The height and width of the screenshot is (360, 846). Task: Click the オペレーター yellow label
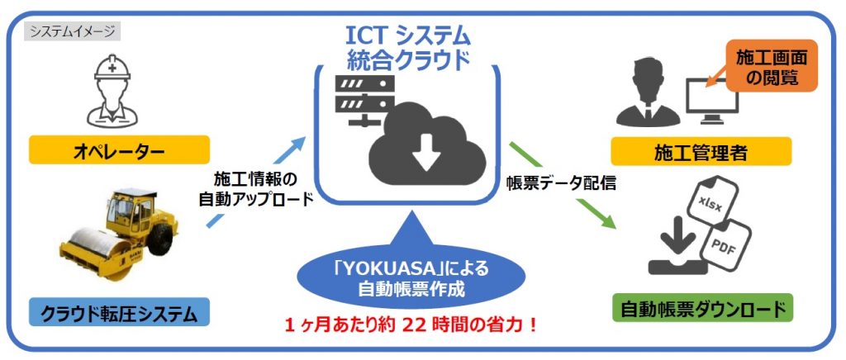click(118, 149)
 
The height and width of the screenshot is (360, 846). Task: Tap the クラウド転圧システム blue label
click(118, 314)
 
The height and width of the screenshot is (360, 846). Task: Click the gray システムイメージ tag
click(72, 32)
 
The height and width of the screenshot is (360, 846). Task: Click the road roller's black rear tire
click(161, 240)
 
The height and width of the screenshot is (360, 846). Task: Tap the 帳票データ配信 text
click(561, 184)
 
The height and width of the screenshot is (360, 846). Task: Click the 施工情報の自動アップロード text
click(256, 189)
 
